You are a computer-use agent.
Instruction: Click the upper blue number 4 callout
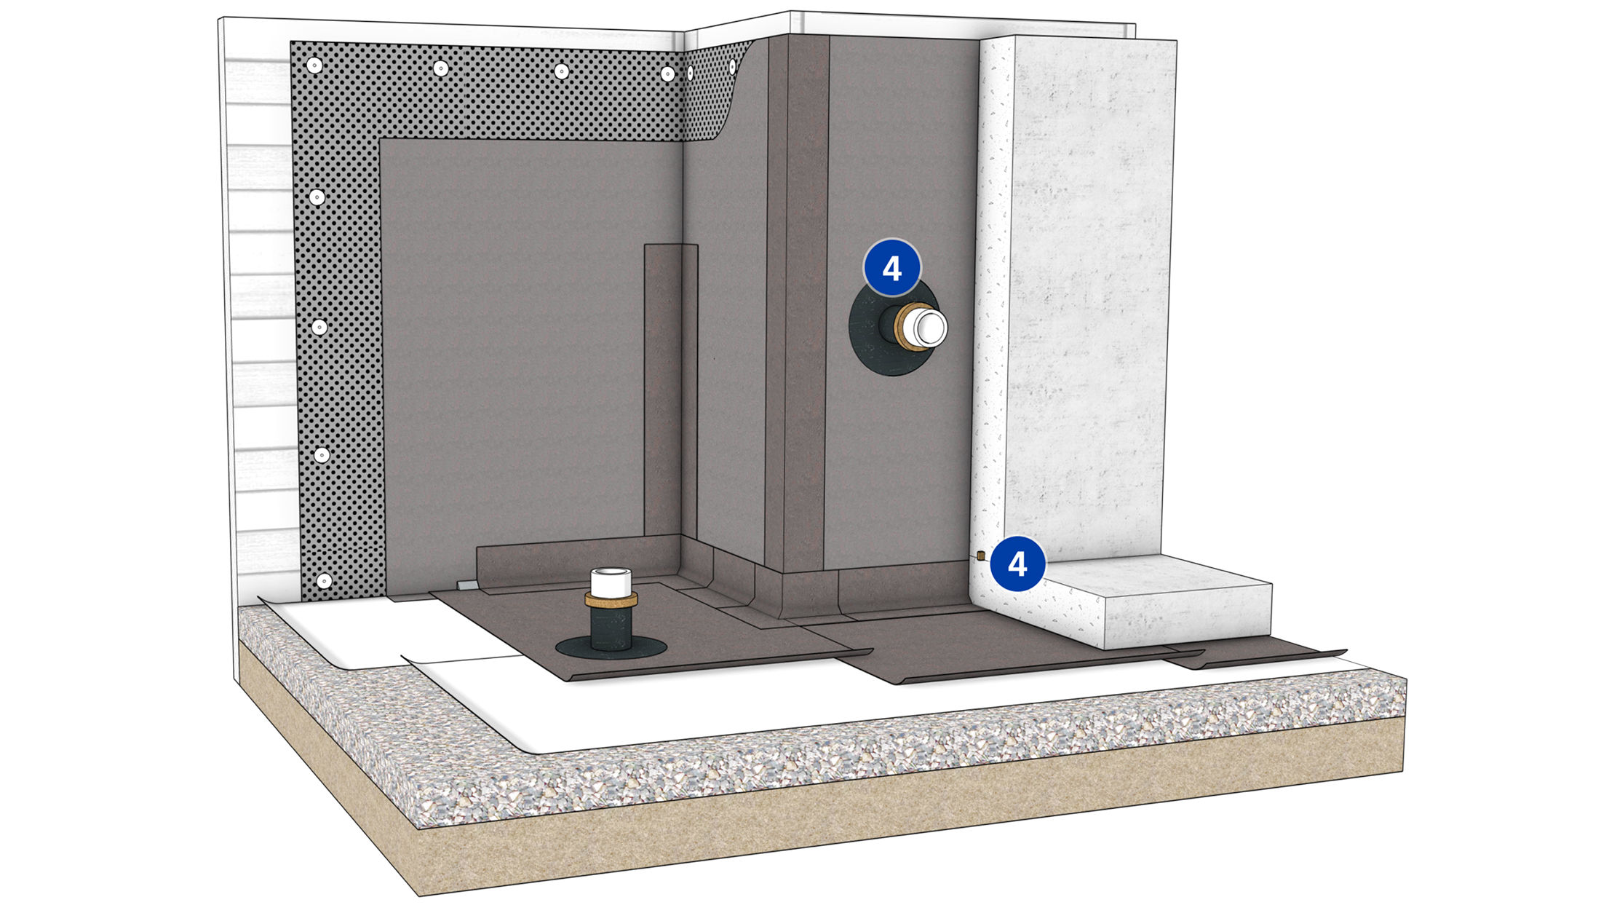pyautogui.click(x=892, y=268)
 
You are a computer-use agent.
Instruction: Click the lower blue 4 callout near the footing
pyautogui.click(x=1017, y=564)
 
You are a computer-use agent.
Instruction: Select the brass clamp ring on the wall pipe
pyautogui.click(x=905, y=328)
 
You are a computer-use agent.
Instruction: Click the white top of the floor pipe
pyautogui.click(x=611, y=581)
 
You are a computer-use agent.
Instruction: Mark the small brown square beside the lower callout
pyautogui.click(x=981, y=556)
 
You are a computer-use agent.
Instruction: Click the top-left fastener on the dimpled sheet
pyautogui.click(x=314, y=66)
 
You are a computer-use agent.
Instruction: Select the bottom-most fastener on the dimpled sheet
pyautogui.click(x=325, y=581)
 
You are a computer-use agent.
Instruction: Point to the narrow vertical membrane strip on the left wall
pyautogui.click(x=670, y=393)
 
